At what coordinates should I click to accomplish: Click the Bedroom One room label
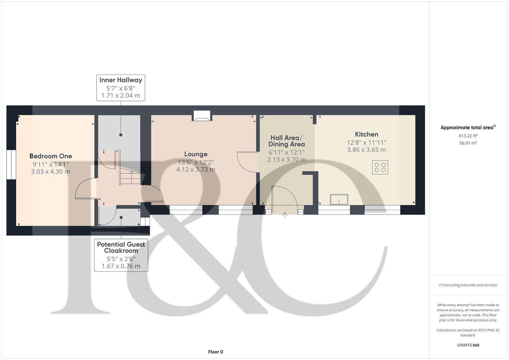(x=51, y=156)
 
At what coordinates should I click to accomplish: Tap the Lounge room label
(x=196, y=154)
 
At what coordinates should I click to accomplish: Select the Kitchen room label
(x=366, y=134)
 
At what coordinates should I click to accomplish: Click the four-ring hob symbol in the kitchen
(x=380, y=167)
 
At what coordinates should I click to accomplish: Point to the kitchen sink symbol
(x=339, y=200)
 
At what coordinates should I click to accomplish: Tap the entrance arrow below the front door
(x=285, y=215)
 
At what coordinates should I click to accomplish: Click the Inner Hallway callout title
(x=121, y=80)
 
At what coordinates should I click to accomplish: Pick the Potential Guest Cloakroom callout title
(x=121, y=247)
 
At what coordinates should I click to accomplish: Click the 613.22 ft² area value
(x=468, y=136)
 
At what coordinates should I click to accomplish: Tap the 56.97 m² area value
(x=468, y=143)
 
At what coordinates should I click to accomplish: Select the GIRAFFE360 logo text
(x=468, y=345)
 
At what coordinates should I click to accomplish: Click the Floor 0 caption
(x=215, y=352)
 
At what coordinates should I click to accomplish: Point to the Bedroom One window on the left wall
(x=11, y=165)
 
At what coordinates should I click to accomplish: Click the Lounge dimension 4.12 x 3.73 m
(x=196, y=169)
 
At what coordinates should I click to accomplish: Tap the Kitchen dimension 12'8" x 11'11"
(x=366, y=143)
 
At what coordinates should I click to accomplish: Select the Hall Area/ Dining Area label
(x=286, y=141)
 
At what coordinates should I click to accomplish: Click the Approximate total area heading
(x=468, y=128)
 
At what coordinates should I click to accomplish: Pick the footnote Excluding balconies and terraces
(x=468, y=285)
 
